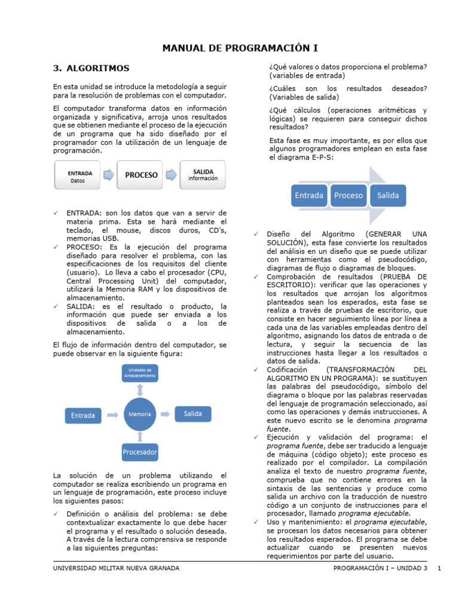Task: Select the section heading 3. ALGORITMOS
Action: [x=91, y=68]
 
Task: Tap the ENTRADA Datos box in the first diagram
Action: [x=80, y=175]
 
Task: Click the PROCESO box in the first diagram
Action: [x=141, y=175]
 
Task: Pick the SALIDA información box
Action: [x=203, y=175]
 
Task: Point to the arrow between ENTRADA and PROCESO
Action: [x=109, y=175]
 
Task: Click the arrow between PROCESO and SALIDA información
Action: [x=172, y=175]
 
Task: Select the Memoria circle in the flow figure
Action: [x=140, y=414]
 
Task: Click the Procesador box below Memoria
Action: [x=140, y=452]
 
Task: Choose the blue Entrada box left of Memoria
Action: [x=83, y=415]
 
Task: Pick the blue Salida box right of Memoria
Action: [x=193, y=414]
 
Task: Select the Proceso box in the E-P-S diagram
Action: [x=348, y=195]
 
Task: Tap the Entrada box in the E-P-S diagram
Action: [x=309, y=195]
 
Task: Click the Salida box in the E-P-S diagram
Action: [x=387, y=195]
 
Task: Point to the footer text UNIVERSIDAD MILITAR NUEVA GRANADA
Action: [x=116, y=568]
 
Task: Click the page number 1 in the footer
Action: [x=439, y=568]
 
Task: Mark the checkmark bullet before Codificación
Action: [x=255, y=370]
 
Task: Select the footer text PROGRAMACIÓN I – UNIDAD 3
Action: [x=381, y=568]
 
